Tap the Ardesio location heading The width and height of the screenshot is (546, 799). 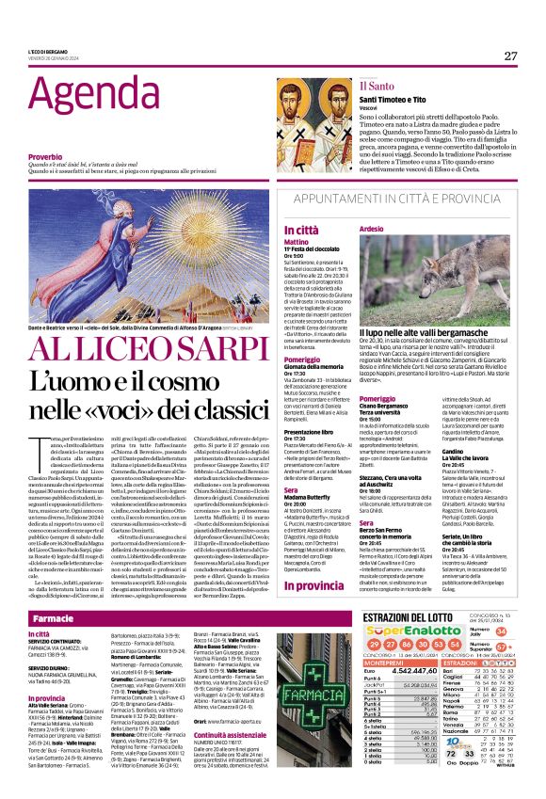click(372, 229)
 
